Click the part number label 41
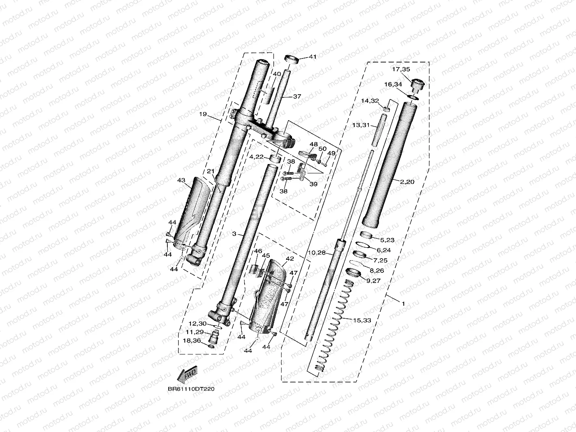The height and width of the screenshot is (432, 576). pyautogui.click(x=312, y=57)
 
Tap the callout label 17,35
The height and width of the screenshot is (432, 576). pyautogui.click(x=401, y=69)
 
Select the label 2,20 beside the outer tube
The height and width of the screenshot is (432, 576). pyautogui.click(x=407, y=182)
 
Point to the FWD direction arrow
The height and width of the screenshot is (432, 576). pyautogui.click(x=188, y=373)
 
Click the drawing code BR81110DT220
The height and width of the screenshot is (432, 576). pyautogui.click(x=191, y=389)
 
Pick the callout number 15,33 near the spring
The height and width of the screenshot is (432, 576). pyautogui.click(x=362, y=320)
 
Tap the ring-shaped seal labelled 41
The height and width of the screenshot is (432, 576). pyautogui.click(x=292, y=59)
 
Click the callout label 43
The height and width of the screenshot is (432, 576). pyautogui.click(x=181, y=180)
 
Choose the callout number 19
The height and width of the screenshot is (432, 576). pyautogui.click(x=203, y=114)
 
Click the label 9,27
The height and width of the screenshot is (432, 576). pyautogui.click(x=374, y=280)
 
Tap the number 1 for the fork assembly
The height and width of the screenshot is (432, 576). pyautogui.click(x=403, y=303)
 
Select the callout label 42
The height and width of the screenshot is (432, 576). pyautogui.click(x=290, y=259)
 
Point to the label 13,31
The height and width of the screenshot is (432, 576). pyautogui.click(x=361, y=125)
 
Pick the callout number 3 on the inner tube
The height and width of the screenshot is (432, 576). pyautogui.click(x=234, y=234)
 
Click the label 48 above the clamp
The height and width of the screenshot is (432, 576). pyautogui.click(x=314, y=144)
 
